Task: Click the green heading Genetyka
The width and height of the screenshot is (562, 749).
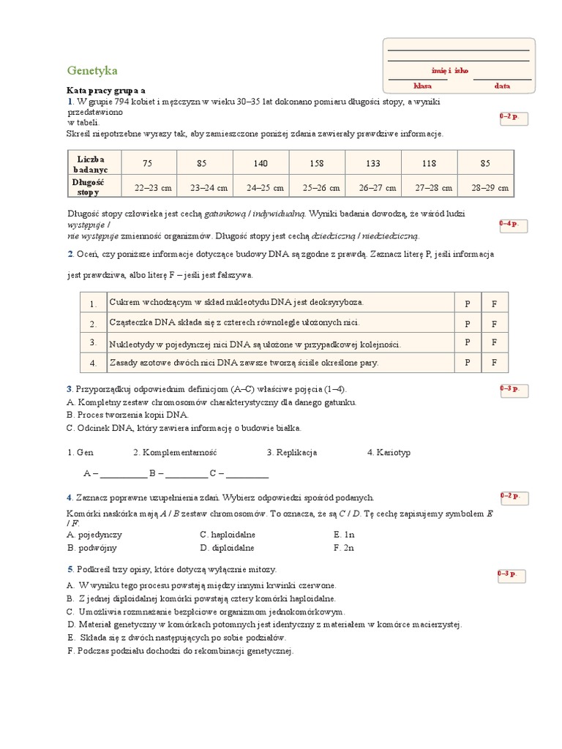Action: coord(91,71)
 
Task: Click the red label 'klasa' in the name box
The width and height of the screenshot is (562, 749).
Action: coord(422,86)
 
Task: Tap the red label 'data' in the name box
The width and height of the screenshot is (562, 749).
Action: coord(502,86)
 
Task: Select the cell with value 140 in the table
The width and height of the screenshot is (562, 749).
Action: coord(261,163)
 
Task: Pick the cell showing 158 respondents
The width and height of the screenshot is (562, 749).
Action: coord(317,163)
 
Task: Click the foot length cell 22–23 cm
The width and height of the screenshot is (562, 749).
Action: coord(154,188)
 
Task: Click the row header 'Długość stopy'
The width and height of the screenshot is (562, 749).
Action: coord(89,187)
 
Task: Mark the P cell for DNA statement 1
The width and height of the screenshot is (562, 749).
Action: coord(468,303)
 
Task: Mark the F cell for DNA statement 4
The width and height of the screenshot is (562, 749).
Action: coord(494,362)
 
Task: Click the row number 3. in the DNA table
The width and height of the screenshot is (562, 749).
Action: coord(93,342)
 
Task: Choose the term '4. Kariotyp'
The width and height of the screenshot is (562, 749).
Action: coord(389,453)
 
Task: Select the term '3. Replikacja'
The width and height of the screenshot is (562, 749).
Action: coord(291,453)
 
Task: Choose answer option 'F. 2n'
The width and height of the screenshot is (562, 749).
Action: coord(343,547)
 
